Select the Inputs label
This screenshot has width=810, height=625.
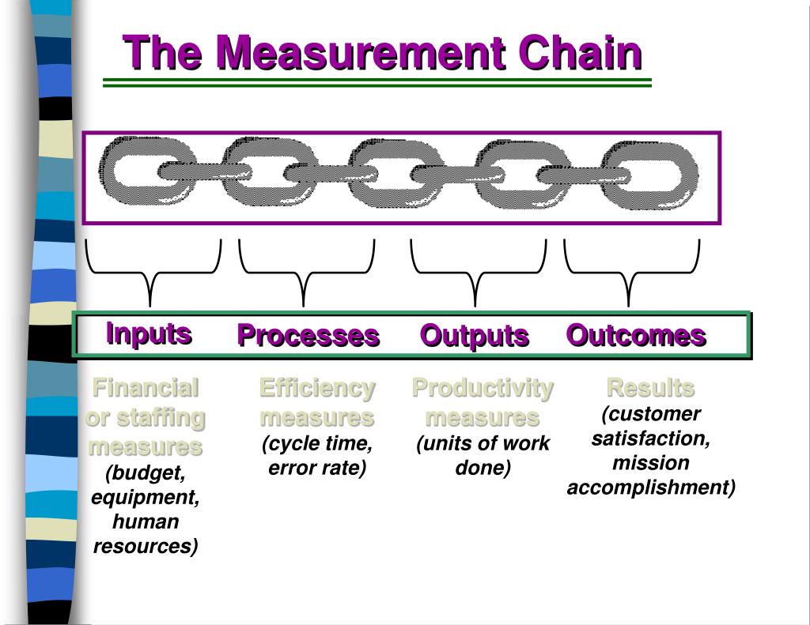[x=149, y=333]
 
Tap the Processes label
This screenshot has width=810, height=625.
[x=308, y=335]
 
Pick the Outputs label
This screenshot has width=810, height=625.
[x=474, y=335]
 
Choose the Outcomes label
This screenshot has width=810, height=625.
[x=636, y=335]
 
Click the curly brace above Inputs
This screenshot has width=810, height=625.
[x=151, y=273]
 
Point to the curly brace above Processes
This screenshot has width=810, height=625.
[x=305, y=273]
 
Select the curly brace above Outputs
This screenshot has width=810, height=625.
[x=476, y=273]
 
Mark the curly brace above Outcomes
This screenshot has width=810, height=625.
[x=630, y=273]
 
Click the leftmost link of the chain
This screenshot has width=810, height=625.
[x=139, y=172]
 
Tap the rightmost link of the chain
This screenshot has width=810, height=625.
[x=651, y=175]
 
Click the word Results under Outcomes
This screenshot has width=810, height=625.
[x=650, y=388]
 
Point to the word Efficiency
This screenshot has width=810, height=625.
[x=316, y=388]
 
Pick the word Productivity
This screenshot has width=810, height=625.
[x=483, y=388]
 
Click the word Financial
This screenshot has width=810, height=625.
[x=145, y=388]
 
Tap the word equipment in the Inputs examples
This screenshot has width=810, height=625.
[x=145, y=498]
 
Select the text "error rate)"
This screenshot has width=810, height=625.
[x=316, y=468]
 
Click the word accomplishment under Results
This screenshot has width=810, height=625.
[x=650, y=487]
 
